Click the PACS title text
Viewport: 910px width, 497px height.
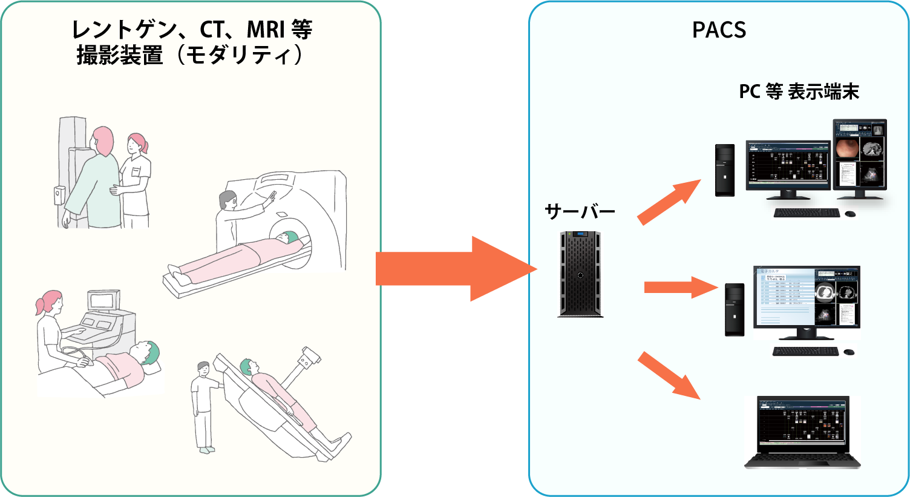(x=719, y=30)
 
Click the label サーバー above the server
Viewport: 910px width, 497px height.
(x=580, y=212)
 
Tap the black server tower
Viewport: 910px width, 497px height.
(x=580, y=274)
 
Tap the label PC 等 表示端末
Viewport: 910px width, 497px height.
(x=799, y=92)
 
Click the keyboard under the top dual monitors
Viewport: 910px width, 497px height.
(x=807, y=213)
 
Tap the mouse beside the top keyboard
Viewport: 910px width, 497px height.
(x=850, y=214)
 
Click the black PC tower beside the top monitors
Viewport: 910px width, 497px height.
(x=725, y=170)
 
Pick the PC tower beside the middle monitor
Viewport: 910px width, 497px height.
(x=735, y=310)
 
